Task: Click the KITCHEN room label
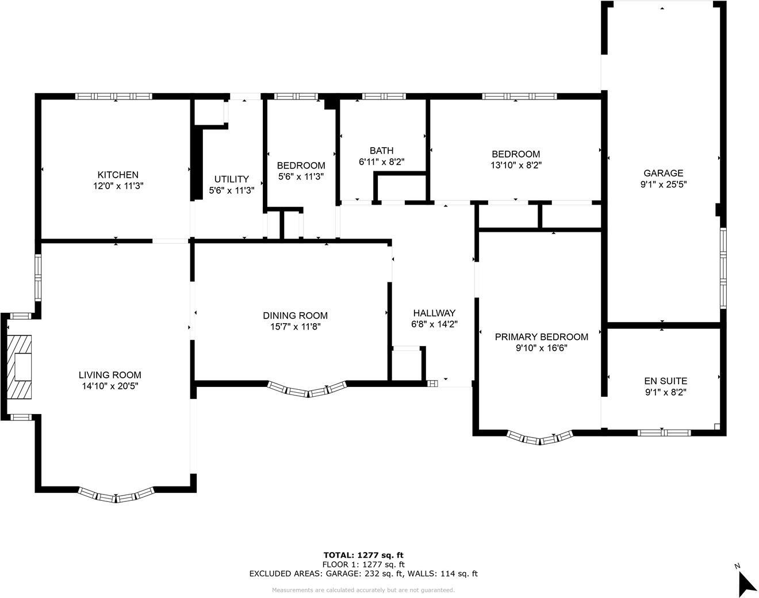click(x=118, y=175)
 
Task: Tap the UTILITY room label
click(x=231, y=179)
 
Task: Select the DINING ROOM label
click(x=295, y=316)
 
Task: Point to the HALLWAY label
click(x=434, y=313)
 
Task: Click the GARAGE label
click(x=663, y=173)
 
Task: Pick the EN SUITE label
click(x=665, y=381)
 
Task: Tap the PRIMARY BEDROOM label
click(x=541, y=337)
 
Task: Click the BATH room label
click(x=381, y=151)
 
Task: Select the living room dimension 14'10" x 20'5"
click(x=110, y=386)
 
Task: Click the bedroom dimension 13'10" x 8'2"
click(x=515, y=164)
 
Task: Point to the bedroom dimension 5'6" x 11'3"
click(x=301, y=177)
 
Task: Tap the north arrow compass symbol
click(x=746, y=583)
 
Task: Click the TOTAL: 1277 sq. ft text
click(x=363, y=555)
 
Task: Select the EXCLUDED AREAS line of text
click(x=363, y=573)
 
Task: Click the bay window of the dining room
click(x=308, y=390)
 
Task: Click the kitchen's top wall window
click(x=114, y=96)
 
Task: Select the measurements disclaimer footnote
click(x=363, y=590)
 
